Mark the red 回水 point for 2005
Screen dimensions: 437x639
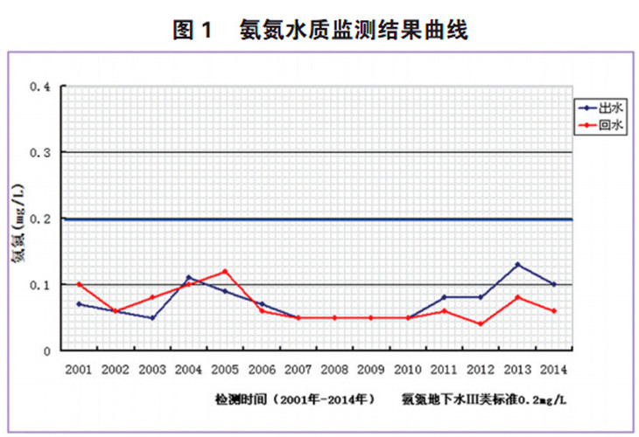click(225, 271)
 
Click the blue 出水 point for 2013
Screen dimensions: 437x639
click(518, 265)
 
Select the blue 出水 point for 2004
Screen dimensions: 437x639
click(188, 278)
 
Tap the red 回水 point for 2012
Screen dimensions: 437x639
click(481, 324)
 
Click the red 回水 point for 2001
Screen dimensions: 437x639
click(79, 284)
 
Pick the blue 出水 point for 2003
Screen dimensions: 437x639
click(152, 318)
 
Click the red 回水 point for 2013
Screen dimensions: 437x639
click(518, 298)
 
